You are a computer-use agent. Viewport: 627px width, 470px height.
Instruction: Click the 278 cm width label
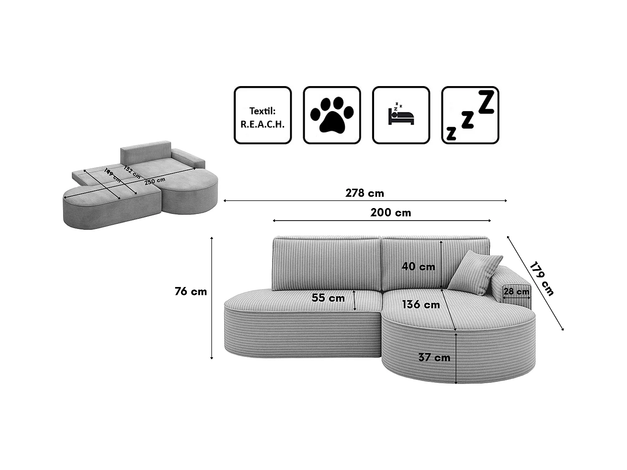(x=364, y=193)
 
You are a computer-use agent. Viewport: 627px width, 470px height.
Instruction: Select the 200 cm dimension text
(x=390, y=213)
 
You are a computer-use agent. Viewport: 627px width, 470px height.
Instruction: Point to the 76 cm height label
(x=191, y=292)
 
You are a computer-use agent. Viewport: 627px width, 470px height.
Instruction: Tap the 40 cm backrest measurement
(x=418, y=266)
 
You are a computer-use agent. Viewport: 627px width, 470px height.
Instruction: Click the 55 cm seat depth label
(x=328, y=298)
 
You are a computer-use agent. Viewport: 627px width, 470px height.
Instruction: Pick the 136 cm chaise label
(x=421, y=305)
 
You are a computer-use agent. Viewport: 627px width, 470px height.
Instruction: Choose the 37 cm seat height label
(x=434, y=358)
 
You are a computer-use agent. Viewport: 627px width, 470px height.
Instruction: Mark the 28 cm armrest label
(x=516, y=292)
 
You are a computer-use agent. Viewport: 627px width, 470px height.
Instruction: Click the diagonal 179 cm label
(x=541, y=279)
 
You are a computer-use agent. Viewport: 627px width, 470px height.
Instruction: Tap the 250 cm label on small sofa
(x=155, y=181)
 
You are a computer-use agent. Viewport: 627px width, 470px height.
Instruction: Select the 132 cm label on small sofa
(x=132, y=172)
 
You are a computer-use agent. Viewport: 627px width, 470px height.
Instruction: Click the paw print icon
(x=332, y=115)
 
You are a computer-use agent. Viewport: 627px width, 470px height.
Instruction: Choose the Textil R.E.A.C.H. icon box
(x=263, y=115)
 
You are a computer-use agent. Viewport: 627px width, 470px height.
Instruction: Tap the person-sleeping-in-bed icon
(x=401, y=115)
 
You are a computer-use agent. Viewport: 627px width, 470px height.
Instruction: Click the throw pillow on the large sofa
(x=475, y=272)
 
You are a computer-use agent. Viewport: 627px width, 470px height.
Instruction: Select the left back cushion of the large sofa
(x=326, y=263)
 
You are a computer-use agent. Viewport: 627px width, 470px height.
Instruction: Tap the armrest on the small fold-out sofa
(x=188, y=157)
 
